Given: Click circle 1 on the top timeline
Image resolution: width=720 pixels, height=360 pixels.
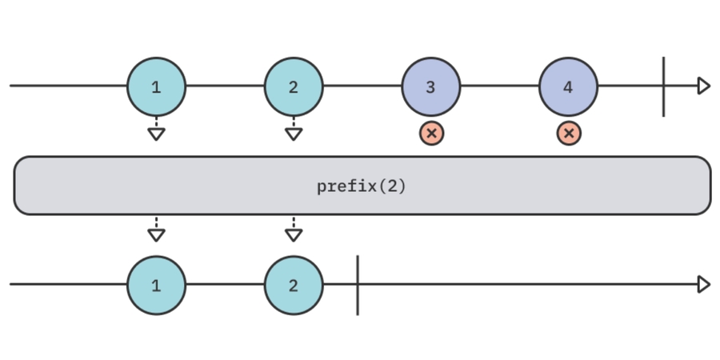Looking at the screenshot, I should (156, 86).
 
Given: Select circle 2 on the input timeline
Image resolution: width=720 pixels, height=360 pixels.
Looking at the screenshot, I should (294, 86).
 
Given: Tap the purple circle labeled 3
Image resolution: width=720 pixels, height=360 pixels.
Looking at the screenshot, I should (431, 86).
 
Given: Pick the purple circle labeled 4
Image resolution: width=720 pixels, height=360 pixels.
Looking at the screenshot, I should (568, 86).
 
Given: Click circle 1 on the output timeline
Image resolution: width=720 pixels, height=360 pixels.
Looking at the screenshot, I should (156, 285).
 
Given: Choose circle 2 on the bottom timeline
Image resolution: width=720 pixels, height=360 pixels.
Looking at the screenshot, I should (294, 285).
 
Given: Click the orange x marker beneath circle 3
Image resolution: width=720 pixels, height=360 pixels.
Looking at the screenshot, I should (431, 134).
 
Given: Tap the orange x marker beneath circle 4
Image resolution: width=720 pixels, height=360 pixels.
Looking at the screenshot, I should (569, 134).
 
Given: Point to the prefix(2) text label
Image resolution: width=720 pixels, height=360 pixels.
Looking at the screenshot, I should (362, 186).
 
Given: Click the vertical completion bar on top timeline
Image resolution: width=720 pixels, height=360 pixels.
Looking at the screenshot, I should (663, 86).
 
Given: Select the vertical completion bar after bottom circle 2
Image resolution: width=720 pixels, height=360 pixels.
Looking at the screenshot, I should (358, 285).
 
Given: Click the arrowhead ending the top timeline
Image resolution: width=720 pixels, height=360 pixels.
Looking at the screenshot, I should (704, 86).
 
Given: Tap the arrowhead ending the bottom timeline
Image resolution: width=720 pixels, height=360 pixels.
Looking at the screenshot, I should (704, 285).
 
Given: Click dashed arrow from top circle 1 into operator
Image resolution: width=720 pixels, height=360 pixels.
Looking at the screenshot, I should (156, 130).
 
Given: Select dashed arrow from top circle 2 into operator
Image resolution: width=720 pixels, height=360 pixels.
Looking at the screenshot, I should (294, 130).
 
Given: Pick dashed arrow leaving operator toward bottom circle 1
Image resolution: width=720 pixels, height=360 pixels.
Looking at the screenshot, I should (156, 230).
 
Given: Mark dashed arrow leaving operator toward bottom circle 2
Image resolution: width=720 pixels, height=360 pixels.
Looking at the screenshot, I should (294, 230).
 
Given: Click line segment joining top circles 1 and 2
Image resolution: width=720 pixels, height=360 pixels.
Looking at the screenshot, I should (225, 86).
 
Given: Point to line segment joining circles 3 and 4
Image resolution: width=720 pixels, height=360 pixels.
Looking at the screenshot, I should (500, 86).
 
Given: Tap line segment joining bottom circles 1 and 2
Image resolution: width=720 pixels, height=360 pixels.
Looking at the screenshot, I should (225, 285).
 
